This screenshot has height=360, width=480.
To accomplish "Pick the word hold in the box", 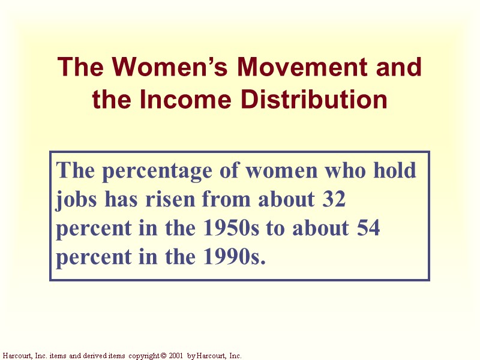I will pos(393,170).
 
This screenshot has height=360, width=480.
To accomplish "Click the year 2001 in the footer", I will pos(175,356).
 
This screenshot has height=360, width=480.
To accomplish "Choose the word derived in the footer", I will pos(92,356).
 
